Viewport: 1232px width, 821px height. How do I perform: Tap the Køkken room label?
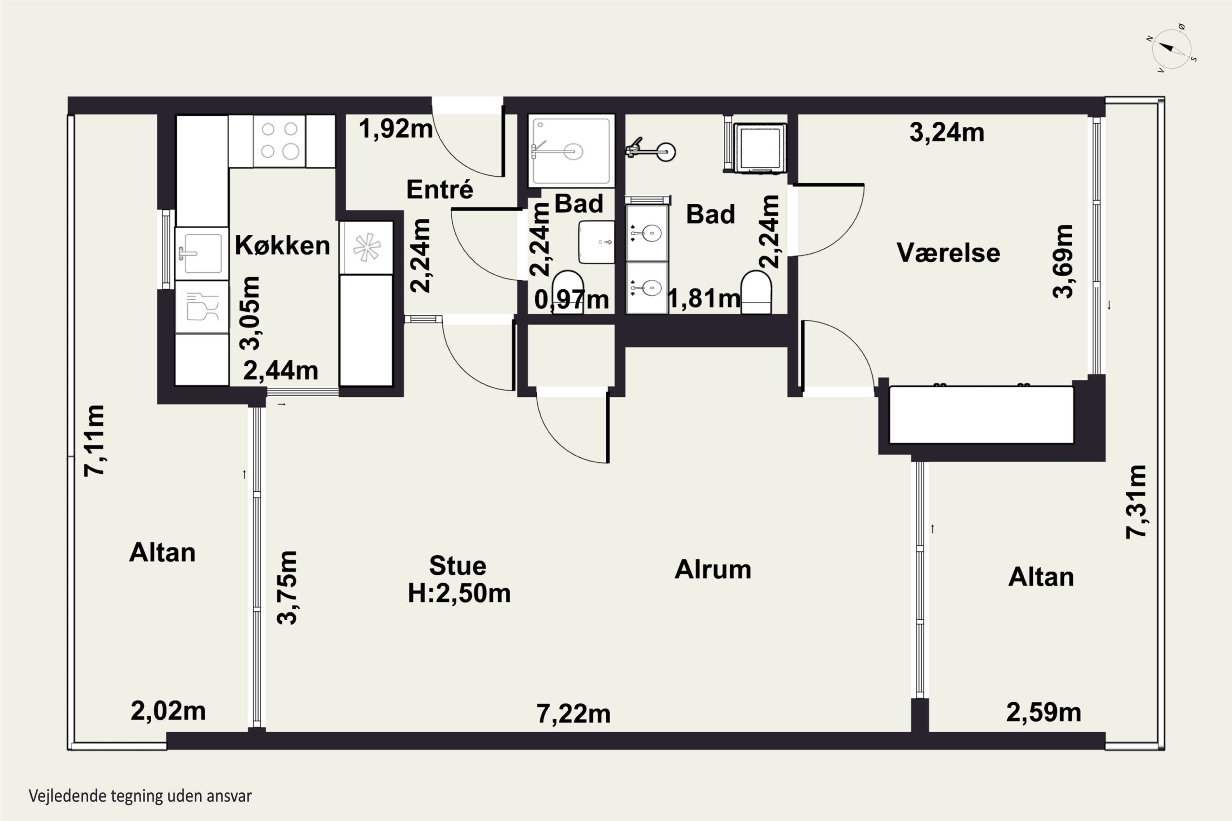pos(283,245)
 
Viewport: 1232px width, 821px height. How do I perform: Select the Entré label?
pos(439,188)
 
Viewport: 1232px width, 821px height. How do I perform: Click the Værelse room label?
pos(948,252)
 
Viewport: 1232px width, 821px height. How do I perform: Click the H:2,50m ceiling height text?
pos(459,593)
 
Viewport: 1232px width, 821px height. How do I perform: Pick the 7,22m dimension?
pos(574,714)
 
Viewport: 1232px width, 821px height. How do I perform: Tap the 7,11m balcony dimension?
pos(95,440)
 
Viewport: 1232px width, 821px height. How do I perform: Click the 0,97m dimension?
pos(572,300)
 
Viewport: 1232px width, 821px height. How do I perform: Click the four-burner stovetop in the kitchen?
pos(280,141)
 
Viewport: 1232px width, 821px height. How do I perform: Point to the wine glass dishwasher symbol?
pos(202,307)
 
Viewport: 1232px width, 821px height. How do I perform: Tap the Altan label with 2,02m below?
pos(162,553)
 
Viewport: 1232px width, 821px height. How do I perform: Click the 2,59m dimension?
pos(1044,712)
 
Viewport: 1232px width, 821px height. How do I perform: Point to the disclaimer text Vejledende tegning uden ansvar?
pos(140,796)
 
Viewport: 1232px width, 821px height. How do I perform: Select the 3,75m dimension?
pos(287,587)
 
